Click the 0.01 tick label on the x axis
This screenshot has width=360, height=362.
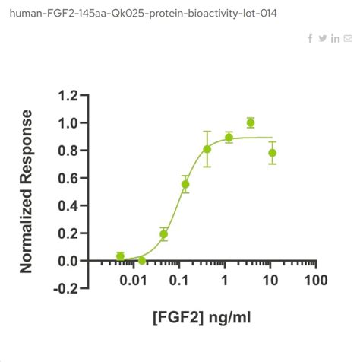coord(133,281)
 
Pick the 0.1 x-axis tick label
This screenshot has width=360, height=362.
coord(180,281)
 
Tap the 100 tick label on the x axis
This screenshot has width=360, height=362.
coord(316,281)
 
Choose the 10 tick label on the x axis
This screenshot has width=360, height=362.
coord(270,281)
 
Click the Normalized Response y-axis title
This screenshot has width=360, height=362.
coord(27,192)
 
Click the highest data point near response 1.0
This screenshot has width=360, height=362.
coord(251,122)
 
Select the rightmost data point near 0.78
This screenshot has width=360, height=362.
coord(273,153)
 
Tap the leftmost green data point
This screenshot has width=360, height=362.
coord(120,256)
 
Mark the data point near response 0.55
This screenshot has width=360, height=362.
coord(185,184)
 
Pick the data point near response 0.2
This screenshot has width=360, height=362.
coord(163,234)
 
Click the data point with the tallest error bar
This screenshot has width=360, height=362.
coord(207,149)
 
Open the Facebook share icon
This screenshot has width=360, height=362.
coord(310,39)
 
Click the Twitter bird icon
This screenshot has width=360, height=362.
coord(323,39)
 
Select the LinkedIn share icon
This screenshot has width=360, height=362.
coord(336,39)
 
